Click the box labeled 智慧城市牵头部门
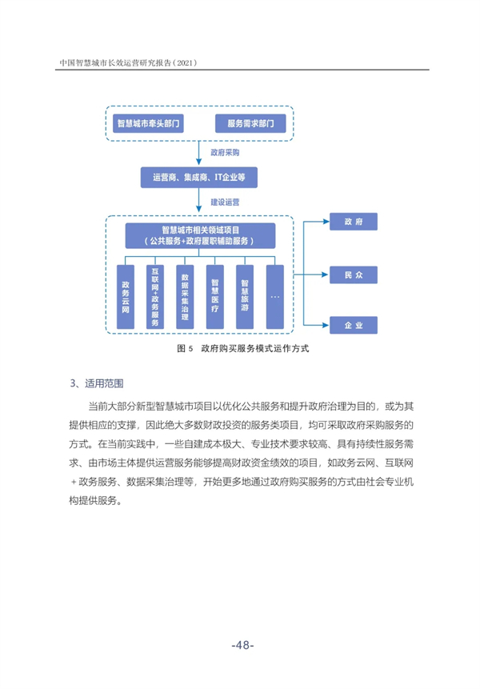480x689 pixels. pyautogui.click(x=149, y=123)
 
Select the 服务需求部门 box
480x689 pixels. pyautogui.click(x=250, y=123)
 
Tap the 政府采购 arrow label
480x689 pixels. pyautogui.click(x=225, y=153)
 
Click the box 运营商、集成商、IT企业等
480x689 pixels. pyautogui.click(x=199, y=178)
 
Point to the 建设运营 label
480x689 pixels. pyautogui.click(x=225, y=202)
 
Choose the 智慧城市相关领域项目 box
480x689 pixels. pyautogui.click(x=200, y=235)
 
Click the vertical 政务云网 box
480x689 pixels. pyautogui.click(x=126, y=297)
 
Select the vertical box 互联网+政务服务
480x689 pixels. pyautogui.click(x=155, y=297)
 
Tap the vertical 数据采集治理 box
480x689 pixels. pyautogui.click(x=185, y=297)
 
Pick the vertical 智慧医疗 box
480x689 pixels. pyautogui.click(x=214, y=297)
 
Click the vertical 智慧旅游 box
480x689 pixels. pyautogui.click(x=245, y=297)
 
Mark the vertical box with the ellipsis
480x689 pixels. pyautogui.click(x=275, y=297)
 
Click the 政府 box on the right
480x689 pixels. pyautogui.click(x=354, y=222)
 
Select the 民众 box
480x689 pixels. pyautogui.click(x=354, y=275)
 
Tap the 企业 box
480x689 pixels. pyautogui.click(x=354, y=325)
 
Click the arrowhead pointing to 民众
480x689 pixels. pyautogui.click(x=326, y=275)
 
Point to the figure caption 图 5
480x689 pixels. pyautogui.click(x=185, y=348)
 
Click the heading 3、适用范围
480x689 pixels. pyautogui.click(x=97, y=383)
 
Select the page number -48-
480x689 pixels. pyautogui.click(x=243, y=645)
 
